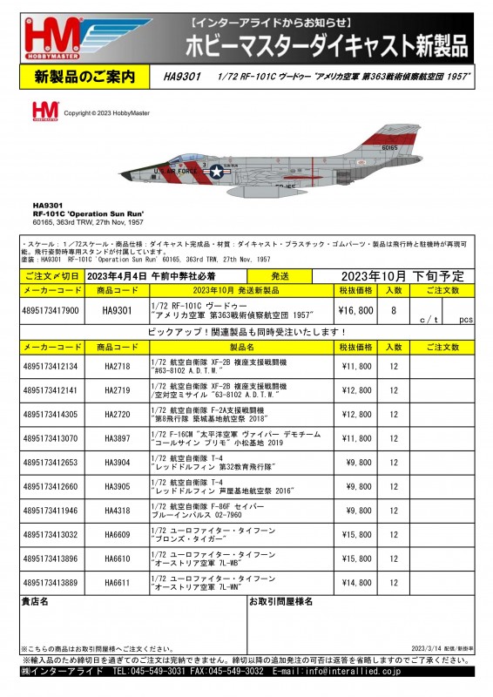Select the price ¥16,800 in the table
click(356, 309)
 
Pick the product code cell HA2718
click(118, 366)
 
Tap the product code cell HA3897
click(118, 437)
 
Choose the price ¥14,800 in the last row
click(356, 581)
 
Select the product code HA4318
click(118, 510)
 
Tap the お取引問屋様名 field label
click(280, 601)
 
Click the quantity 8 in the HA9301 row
click(394, 309)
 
